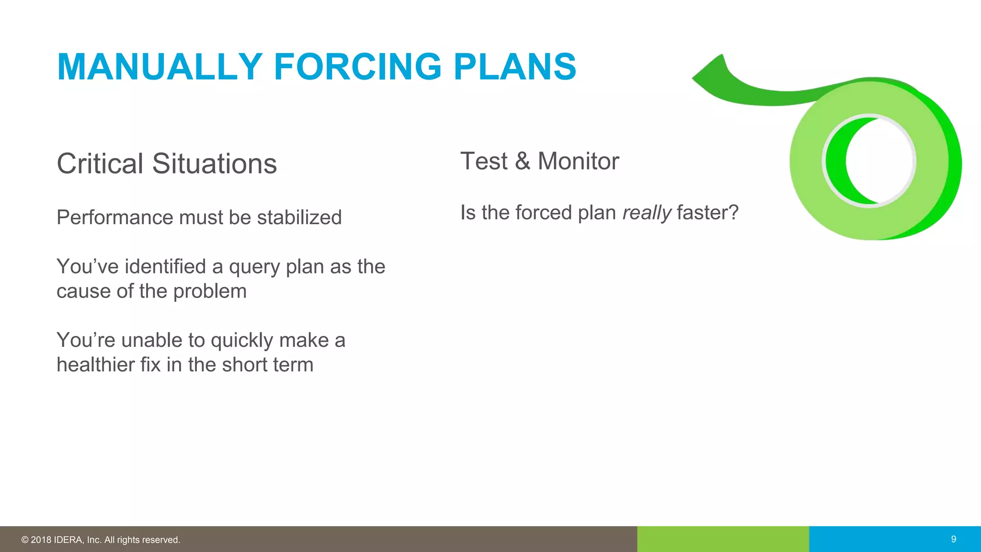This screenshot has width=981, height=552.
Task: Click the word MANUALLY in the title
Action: point(160,67)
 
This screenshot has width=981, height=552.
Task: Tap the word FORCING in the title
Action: point(357,67)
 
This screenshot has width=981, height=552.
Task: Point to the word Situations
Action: point(214,164)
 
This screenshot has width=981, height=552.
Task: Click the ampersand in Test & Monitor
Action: point(522,161)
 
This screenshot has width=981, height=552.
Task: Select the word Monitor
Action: point(578,161)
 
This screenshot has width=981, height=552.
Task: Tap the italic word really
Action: point(647,213)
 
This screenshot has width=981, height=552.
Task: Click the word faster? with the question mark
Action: point(707,213)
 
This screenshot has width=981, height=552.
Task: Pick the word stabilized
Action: point(299,218)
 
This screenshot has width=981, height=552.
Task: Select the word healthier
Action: point(95,365)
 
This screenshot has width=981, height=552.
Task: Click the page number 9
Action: point(953,539)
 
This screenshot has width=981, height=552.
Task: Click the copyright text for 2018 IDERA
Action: point(101,540)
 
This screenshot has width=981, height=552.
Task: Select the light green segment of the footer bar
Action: point(723,539)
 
